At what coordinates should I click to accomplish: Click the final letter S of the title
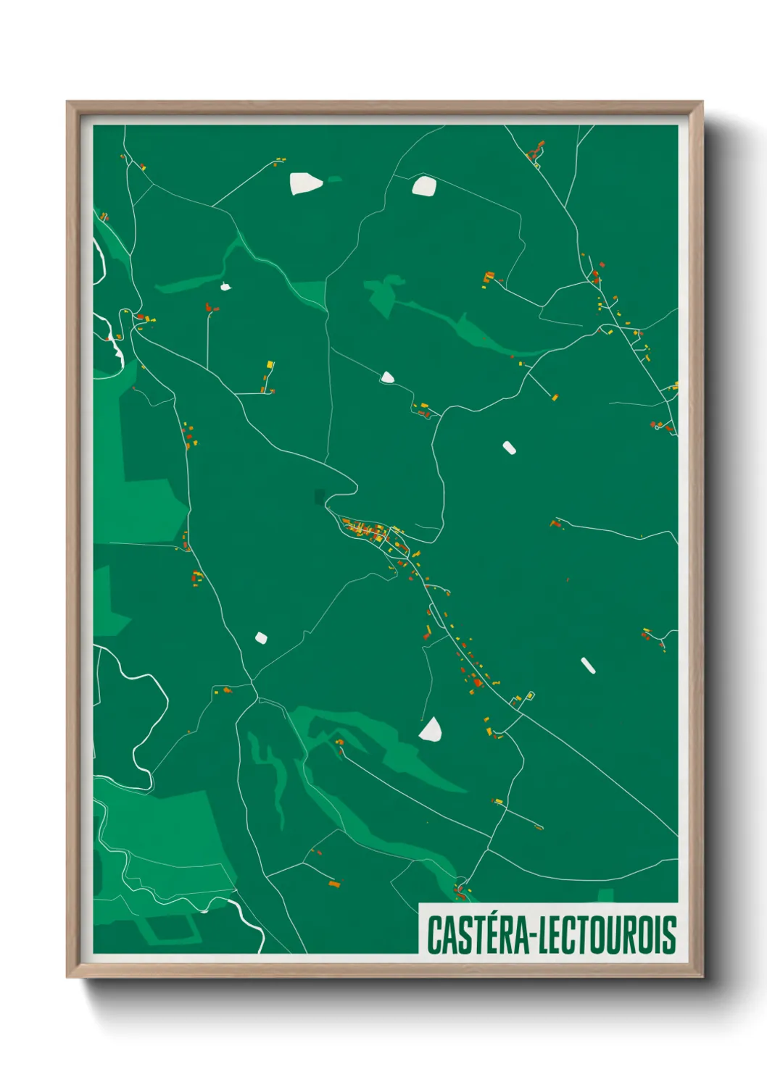click(671, 935)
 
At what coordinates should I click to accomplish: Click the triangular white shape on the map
click(431, 730)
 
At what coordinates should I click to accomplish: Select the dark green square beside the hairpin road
click(320, 496)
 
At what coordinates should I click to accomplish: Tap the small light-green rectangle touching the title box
click(605, 895)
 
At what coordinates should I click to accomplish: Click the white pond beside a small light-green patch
click(306, 184)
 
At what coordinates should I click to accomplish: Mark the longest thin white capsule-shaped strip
click(588, 665)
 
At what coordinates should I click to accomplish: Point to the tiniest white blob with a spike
click(225, 287)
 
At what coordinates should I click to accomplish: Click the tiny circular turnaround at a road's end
click(657, 427)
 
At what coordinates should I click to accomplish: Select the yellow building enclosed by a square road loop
click(530, 696)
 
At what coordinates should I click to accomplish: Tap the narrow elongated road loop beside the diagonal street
click(436, 615)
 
